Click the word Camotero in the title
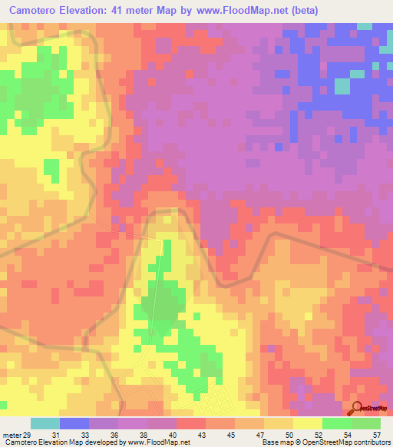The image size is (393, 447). (39, 10)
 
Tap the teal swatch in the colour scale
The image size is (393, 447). (45, 423)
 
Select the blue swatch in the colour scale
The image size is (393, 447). (74, 423)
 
